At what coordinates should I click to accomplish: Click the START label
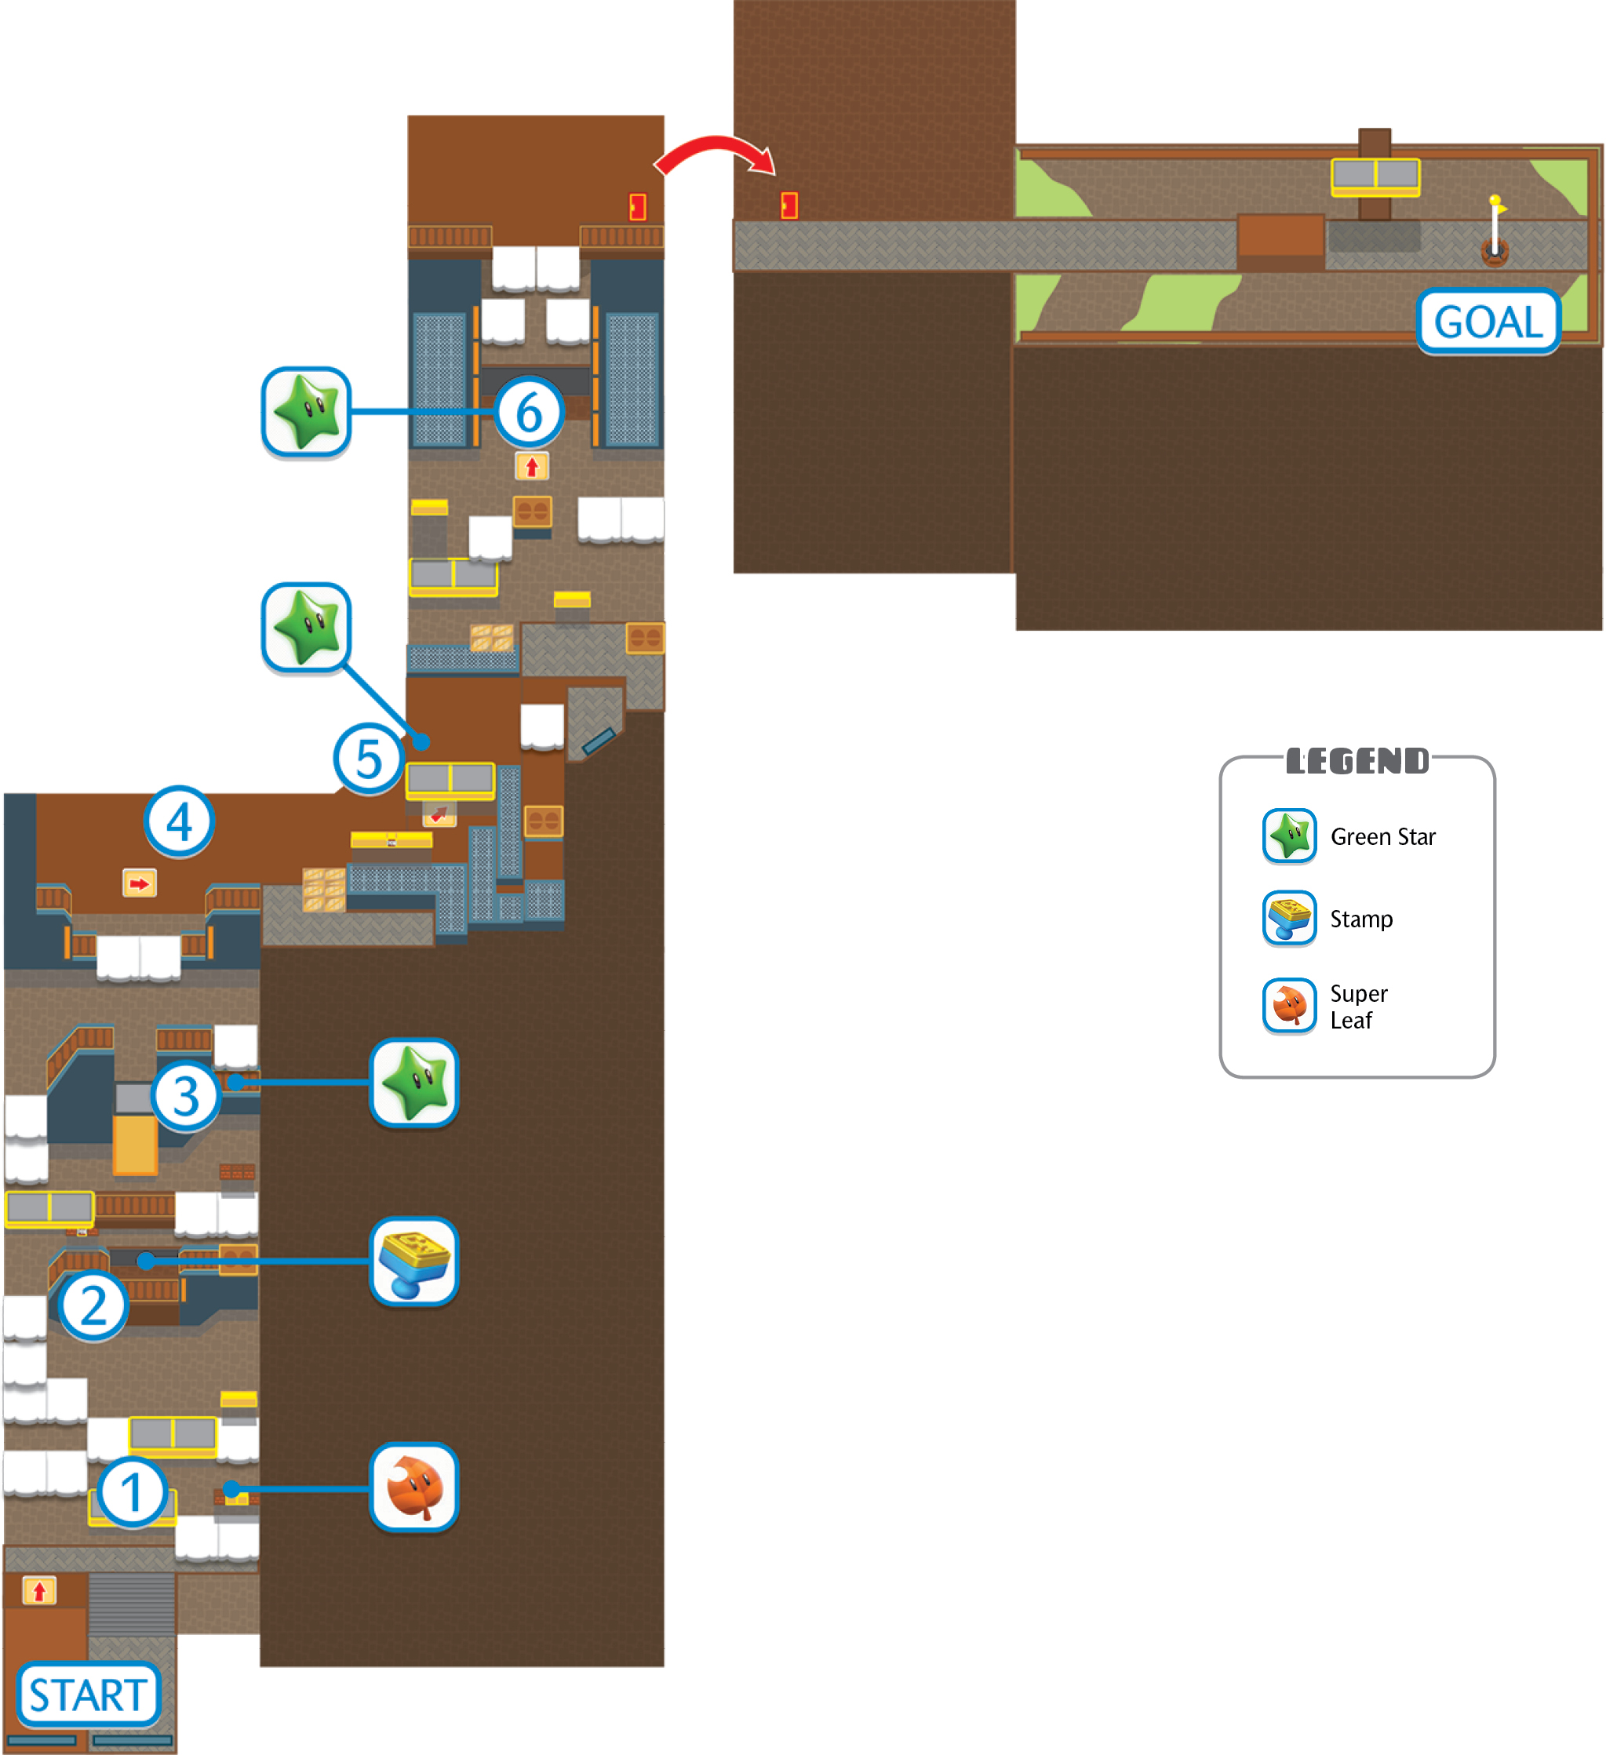(x=89, y=1694)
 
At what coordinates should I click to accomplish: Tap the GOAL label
(x=1488, y=321)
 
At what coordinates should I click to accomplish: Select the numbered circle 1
(x=132, y=1491)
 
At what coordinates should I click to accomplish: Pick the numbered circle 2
(x=93, y=1305)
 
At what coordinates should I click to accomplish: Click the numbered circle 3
(x=185, y=1096)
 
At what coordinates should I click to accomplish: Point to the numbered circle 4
(x=180, y=821)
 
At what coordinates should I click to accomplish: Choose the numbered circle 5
(x=368, y=758)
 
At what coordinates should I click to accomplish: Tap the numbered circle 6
(x=530, y=412)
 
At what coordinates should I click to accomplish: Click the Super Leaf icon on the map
(x=414, y=1487)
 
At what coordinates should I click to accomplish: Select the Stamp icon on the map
(x=414, y=1262)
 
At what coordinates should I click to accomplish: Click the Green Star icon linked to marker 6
(x=307, y=412)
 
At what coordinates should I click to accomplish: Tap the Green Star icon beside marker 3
(x=414, y=1083)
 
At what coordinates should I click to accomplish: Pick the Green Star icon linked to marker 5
(x=307, y=628)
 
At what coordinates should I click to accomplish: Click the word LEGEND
(x=1357, y=761)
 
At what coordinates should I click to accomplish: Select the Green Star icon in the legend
(x=1289, y=836)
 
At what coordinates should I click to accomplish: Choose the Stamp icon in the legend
(x=1289, y=918)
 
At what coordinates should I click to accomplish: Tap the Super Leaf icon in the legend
(x=1289, y=1006)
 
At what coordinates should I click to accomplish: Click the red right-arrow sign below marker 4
(x=140, y=883)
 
